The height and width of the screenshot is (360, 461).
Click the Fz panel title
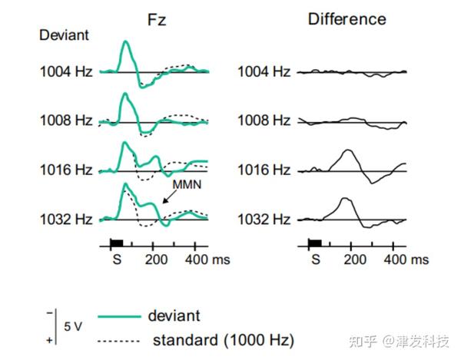(x=157, y=18)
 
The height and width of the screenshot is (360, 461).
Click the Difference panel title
(x=347, y=18)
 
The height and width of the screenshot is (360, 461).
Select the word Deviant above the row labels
(x=65, y=35)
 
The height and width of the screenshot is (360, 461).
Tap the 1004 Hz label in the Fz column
(x=66, y=72)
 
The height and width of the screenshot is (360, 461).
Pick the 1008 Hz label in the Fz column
(x=66, y=121)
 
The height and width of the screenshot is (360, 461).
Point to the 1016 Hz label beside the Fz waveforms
(x=66, y=170)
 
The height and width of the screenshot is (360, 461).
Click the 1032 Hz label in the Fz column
(x=66, y=219)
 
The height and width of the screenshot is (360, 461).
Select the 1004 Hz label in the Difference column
(x=264, y=72)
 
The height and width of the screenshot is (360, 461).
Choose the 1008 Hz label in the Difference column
(x=264, y=121)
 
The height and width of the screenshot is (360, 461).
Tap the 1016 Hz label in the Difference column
(x=264, y=170)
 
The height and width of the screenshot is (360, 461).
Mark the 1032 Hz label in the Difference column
(x=264, y=219)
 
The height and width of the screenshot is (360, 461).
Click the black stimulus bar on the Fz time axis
(x=117, y=243)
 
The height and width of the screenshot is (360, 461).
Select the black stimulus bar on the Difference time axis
(x=314, y=243)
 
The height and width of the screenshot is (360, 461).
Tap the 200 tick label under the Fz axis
(x=155, y=259)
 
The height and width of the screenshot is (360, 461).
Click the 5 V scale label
(x=73, y=326)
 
